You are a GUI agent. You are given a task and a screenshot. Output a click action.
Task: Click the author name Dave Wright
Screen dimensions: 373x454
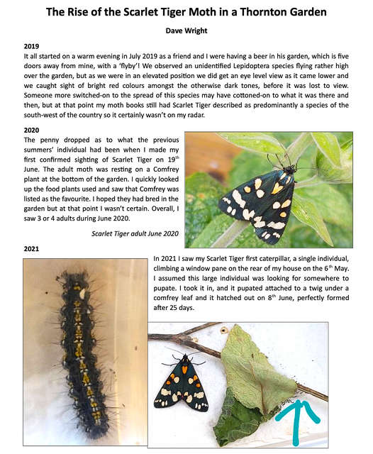(x=186, y=31)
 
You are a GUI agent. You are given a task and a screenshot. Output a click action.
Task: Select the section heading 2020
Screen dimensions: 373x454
(x=32, y=131)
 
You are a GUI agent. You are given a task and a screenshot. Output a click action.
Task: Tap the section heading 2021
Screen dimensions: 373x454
(x=32, y=249)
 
